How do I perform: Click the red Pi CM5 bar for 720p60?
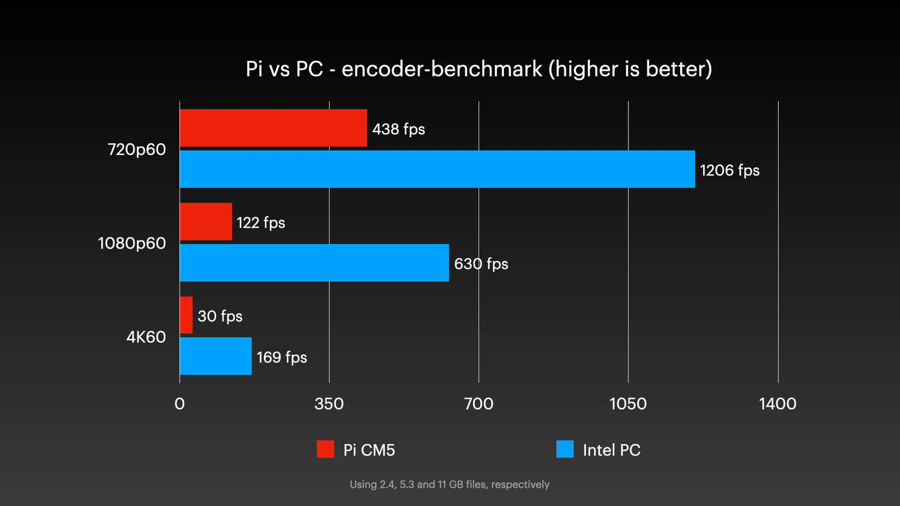coord(273,128)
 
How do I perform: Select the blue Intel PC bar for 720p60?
coord(437,169)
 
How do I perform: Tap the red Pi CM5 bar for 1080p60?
coord(206,222)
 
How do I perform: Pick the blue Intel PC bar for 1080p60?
coord(314,263)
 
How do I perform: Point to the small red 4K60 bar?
coord(186,315)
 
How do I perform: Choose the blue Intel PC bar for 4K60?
coord(215,356)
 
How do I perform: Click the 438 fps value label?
coord(398,129)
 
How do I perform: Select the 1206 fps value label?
coord(730,170)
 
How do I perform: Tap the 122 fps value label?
coord(260,223)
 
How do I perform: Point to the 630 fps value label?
coord(481,264)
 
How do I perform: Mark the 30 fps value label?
coord(220,316)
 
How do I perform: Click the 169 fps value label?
coord(282,358)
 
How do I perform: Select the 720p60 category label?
coord(137,150)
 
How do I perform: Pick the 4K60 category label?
coord(146,337)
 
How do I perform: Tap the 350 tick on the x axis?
coord(329,404)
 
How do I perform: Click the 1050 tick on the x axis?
coord(628,404)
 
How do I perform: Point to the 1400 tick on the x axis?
coord(777,404)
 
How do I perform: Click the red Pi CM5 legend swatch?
coord(325,449)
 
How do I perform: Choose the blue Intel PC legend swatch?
coord(565,449)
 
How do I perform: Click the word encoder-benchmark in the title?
coord(442,69)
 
